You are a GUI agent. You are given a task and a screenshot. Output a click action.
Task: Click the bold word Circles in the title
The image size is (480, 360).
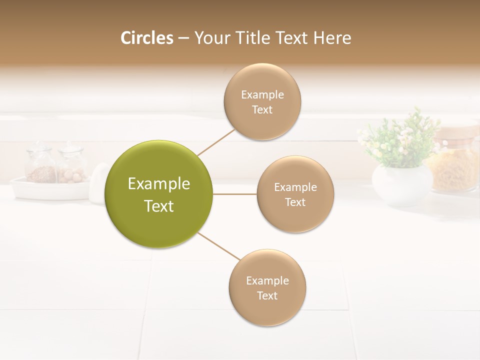(x=146, y=38)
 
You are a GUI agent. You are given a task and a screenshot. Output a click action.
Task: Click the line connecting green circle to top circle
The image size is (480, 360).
(x=216, y=142)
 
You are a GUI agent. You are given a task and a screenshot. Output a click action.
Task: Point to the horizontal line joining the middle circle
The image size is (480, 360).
(x=234, y=194)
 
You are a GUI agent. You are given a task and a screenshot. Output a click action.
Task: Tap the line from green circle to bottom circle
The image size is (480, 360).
(x=219, y=246)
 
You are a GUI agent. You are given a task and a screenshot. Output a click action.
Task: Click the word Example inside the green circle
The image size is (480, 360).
(x=159, y=184)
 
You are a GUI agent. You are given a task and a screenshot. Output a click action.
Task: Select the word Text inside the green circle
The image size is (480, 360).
(x=159, y=206)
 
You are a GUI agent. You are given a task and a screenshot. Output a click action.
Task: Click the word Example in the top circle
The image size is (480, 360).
(x=262, y=94)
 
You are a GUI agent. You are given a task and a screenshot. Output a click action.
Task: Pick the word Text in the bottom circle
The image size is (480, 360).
(x=267, y=296)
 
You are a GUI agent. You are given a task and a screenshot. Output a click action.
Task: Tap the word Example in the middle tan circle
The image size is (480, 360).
(x=295, y=187)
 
